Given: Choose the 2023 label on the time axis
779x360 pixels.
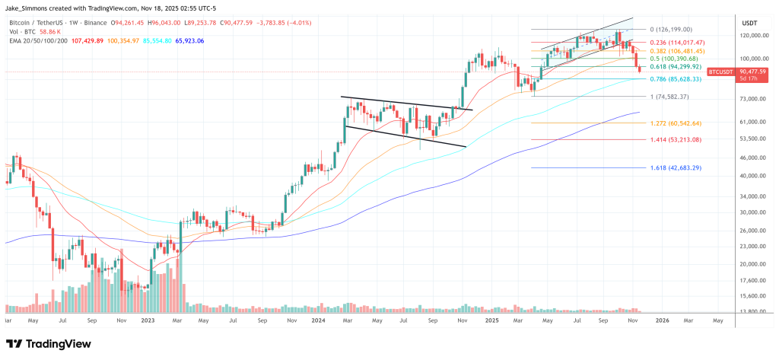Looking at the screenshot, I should [148, 321].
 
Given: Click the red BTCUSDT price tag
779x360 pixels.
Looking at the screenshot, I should [720, 72].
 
